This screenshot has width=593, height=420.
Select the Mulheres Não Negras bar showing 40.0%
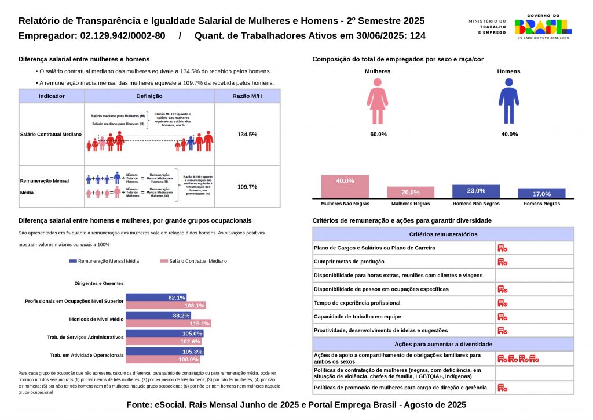click(345, 186)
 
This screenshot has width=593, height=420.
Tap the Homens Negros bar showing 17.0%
click(541, 194)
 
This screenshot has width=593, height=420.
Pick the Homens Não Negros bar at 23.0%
click(476, 191)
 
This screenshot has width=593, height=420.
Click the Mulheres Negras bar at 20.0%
click(411, 193)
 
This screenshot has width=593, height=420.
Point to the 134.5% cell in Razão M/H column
click(247, 134)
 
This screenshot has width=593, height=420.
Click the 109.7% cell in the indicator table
click(247, 187)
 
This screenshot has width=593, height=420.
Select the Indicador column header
click(52, 96)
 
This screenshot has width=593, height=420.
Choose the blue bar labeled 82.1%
click(156, 298)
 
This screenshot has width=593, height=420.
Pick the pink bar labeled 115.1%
click(168, 323)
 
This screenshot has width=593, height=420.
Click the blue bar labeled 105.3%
click(164, 352)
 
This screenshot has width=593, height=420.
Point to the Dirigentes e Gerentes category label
click(99, 283)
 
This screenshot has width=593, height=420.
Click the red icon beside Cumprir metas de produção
click(502, 262)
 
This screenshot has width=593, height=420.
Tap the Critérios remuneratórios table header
click(443, 234)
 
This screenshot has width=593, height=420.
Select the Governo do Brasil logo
click(543, 26)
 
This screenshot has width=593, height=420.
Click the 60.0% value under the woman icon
click(378, 134)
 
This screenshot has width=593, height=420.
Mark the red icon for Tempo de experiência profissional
click(502, 303)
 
